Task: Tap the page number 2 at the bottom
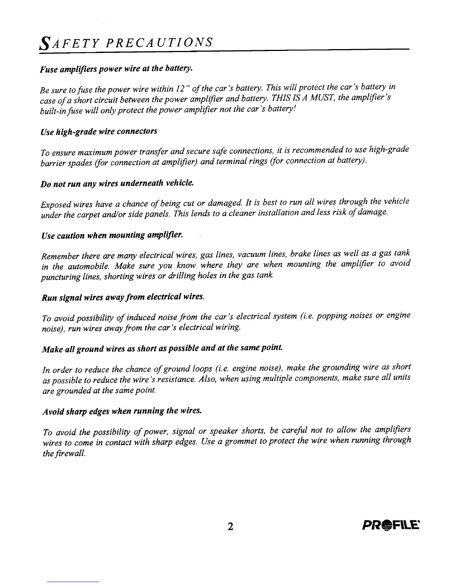click(230, 526)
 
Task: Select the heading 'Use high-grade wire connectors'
click(99, 132)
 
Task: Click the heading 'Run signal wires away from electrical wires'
click(123, 297)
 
